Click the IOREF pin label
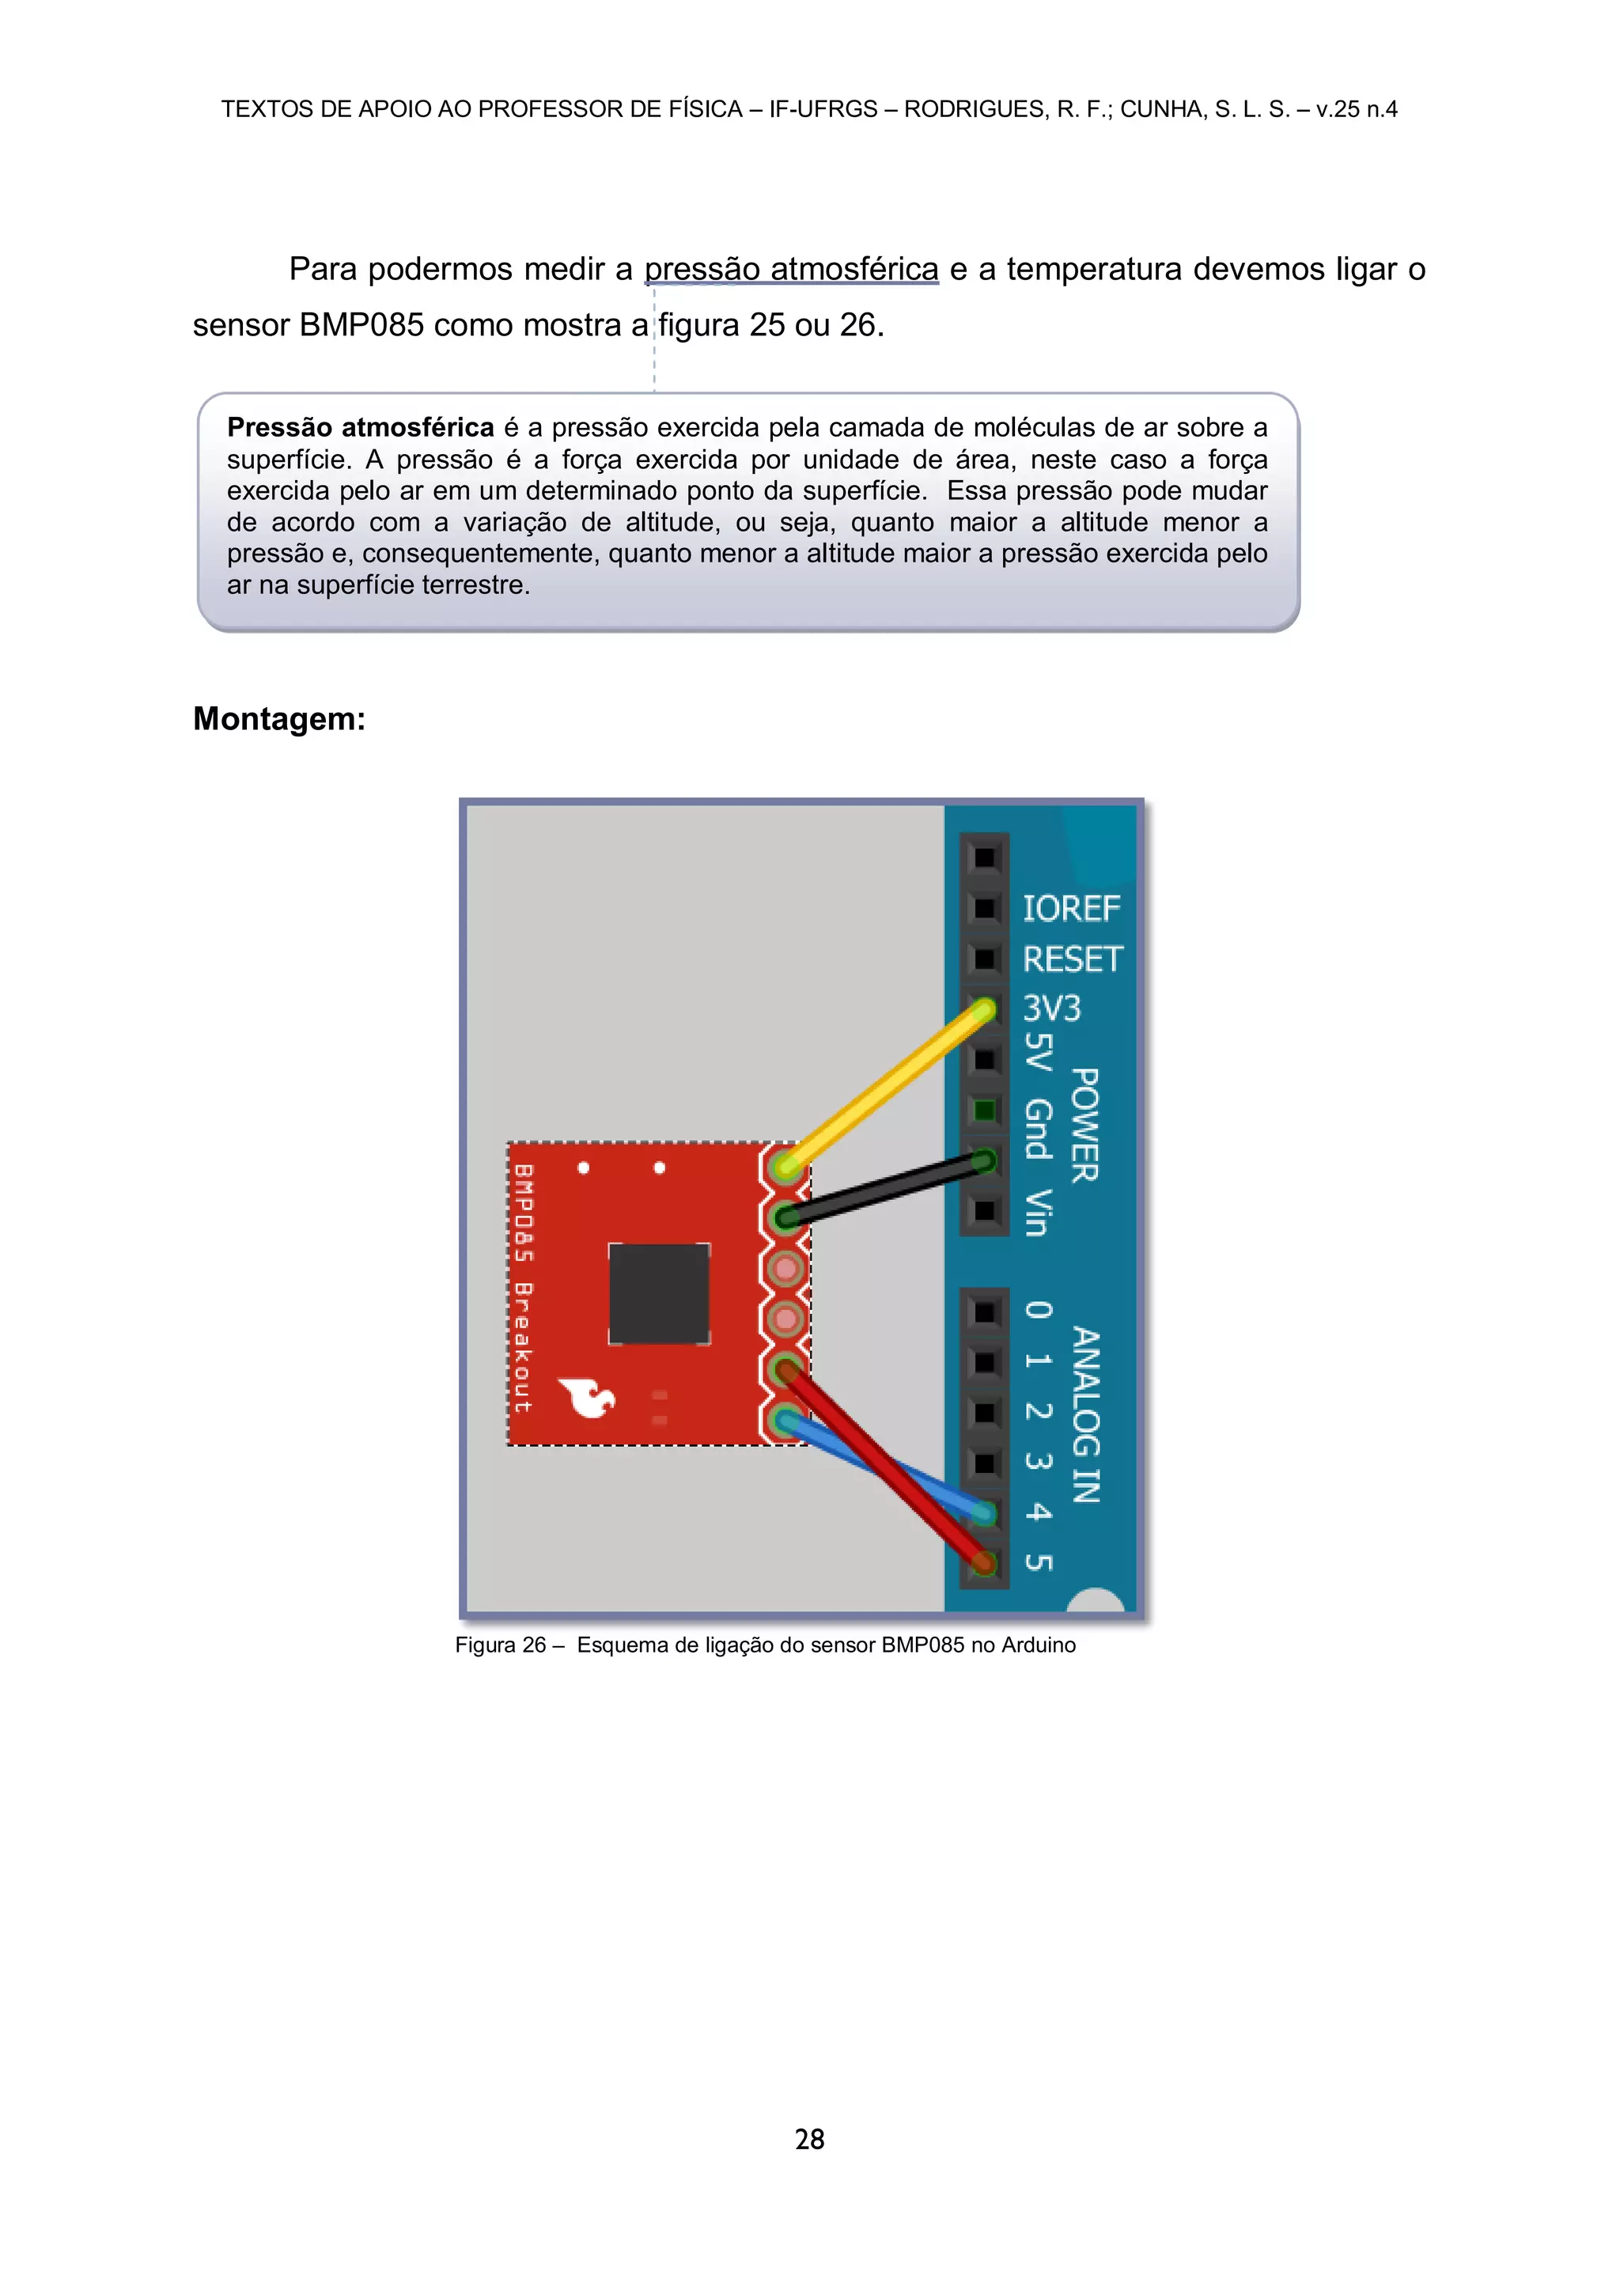coord(1070,909)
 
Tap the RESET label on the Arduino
coord(1073,960)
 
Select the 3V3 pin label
coord(1051,1009)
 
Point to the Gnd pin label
coord(1039,1129)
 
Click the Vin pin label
coord(1038,1212)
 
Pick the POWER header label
coord(1085,1125)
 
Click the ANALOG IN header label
coord(1086,1414)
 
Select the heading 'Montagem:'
coord(279,719)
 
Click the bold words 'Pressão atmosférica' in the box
coord(360,428)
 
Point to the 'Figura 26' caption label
coord(500,1645)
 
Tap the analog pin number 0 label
coord(1039,1311)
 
